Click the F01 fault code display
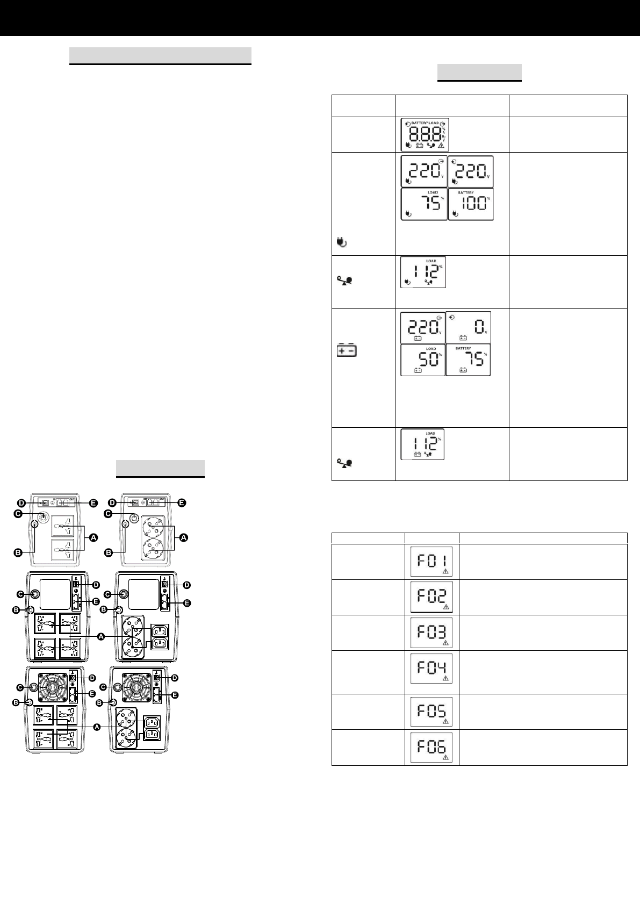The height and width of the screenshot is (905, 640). click(432, 561)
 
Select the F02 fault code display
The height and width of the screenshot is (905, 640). click(432, 597)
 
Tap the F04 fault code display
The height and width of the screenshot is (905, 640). click(432, 668)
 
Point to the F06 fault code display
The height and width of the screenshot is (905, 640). click(432, 747)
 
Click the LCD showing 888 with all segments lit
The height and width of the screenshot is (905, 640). click(425, 134)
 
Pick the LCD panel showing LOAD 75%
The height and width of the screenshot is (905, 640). click(425, 204)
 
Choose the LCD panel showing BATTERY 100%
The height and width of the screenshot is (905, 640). click(471, 204)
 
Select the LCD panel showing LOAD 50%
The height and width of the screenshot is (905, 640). click(423, 360)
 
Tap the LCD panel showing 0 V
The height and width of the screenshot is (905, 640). click(469, 327)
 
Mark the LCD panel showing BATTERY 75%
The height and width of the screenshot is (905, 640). click(469, 360)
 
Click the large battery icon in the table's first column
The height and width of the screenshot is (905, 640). click(347, 350)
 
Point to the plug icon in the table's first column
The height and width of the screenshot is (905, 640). click(341, 242)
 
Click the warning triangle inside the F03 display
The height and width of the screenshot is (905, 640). click(445, 643)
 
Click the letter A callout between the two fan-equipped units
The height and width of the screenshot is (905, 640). click(98, 727)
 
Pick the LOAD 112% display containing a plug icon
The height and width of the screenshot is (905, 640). click(423, 272)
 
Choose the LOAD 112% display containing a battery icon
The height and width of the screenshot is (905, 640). click(423, 444)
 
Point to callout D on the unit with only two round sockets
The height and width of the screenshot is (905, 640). click(112, 502)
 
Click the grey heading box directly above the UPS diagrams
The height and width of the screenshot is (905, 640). click(160, 468)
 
